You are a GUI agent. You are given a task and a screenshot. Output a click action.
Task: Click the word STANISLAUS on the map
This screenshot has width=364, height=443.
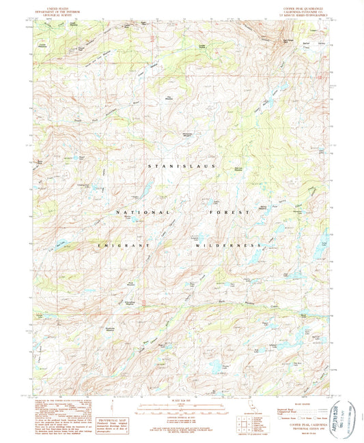coord(181,166)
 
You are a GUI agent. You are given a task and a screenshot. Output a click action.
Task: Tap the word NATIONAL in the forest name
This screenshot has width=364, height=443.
coord(134,213)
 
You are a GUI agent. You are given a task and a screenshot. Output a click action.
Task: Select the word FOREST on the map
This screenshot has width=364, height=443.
coord(225,213)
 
